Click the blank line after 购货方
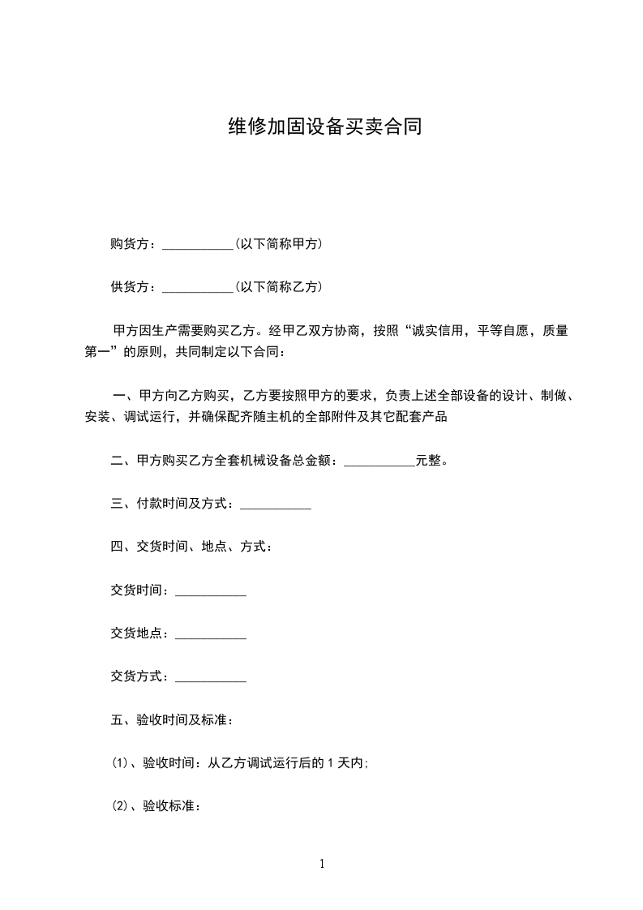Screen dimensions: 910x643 pos(198,245)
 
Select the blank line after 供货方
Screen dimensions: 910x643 pos(198,288)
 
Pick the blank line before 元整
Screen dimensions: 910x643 pos(379,462)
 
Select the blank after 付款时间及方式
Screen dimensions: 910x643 pos(276,506)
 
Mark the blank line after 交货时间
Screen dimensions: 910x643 pos(211,593)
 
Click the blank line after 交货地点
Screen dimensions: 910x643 pos(211,636)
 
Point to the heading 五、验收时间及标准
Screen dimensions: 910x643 pos(173,720)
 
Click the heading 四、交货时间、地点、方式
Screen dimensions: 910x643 pos(191,547)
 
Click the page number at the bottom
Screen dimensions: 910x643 pos(322,864)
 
